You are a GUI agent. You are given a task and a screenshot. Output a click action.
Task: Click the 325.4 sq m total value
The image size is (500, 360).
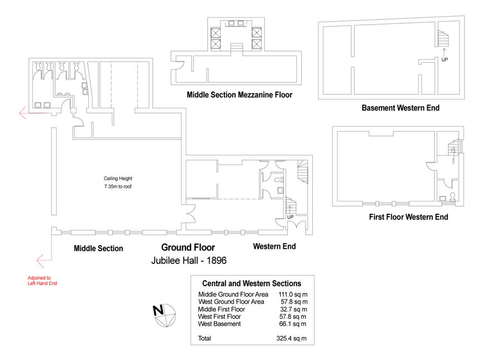click(x=292, y=338)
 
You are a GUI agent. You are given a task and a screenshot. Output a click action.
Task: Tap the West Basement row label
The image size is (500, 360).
click(x=219, y=323)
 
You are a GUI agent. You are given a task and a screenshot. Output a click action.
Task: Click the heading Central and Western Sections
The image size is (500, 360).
click(x=252, y=283)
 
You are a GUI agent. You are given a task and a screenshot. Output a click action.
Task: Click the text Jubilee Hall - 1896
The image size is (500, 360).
click(x=189, y=259)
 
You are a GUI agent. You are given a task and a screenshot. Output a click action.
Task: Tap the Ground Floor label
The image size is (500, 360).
click(x=188, y=247)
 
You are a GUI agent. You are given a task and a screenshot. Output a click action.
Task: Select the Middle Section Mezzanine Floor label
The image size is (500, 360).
click(x=239, y=95)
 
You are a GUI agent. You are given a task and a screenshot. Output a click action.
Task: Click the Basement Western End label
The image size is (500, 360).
click(x=400, y=108)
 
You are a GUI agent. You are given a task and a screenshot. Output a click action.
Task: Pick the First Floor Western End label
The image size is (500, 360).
click(x=408, y=217)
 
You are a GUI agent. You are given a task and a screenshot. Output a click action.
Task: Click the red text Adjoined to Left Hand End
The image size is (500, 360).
click(x=42, y=281)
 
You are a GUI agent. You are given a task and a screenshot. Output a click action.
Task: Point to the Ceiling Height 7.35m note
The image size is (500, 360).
click(x=118, y=183)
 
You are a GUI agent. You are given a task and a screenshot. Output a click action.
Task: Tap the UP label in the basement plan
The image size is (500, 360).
click(x=444, y=59)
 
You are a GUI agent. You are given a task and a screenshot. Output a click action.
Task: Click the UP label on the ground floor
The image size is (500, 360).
click(x=290, y=217)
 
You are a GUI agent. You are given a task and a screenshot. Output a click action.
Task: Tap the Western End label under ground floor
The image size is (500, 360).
click(x=274, y=246)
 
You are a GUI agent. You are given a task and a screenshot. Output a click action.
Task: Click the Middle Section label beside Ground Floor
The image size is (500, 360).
click(x=98, y=248)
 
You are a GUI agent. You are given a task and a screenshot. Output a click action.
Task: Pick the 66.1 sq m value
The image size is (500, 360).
click(x=294, y=323)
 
